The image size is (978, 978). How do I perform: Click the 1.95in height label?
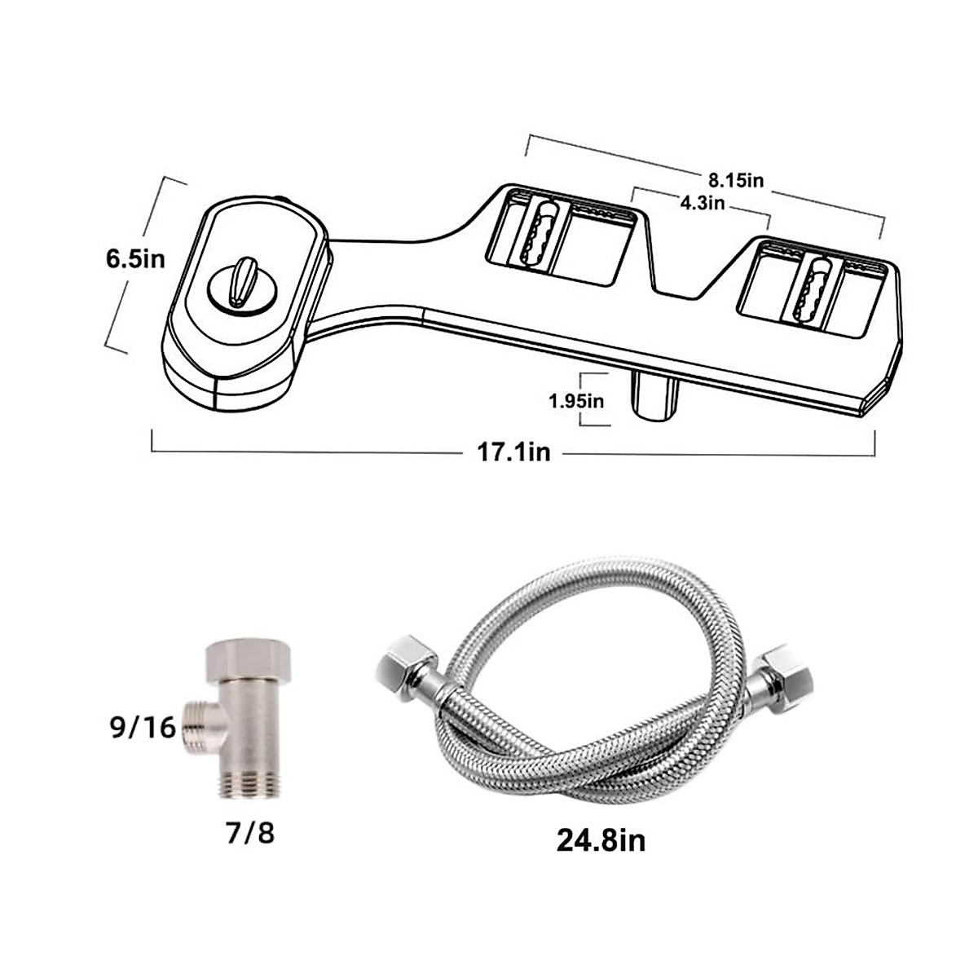tap(575, 400)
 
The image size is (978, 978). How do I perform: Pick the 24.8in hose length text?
tap(601, 839)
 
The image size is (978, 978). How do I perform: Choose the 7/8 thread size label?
tap(249, 835)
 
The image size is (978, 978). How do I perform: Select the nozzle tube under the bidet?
tap(655, 394)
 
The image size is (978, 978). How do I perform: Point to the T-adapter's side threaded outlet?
tap(197, 722)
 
